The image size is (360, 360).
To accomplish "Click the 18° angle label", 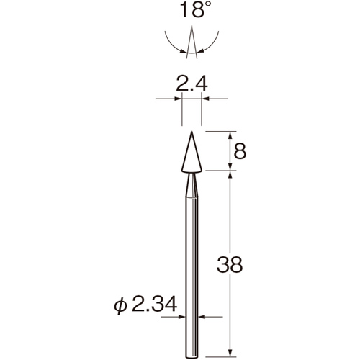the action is (x=195, y=9).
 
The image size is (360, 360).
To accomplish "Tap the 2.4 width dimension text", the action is (x=192, y=84).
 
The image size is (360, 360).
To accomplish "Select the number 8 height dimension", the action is (x=240, y=152).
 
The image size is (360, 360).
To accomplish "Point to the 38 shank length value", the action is (x=230, y=264).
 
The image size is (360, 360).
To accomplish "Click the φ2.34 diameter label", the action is (x=145, y=305).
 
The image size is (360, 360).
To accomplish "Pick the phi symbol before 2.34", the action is (x=120, y=305).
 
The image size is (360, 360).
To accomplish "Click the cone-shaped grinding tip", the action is (x=192, y=152).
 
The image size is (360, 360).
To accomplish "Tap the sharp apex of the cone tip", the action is (x=192, y=131).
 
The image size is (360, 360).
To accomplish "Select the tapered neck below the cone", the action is (x=192, y=185).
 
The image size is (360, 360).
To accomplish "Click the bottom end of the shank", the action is (x=192, y=357).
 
